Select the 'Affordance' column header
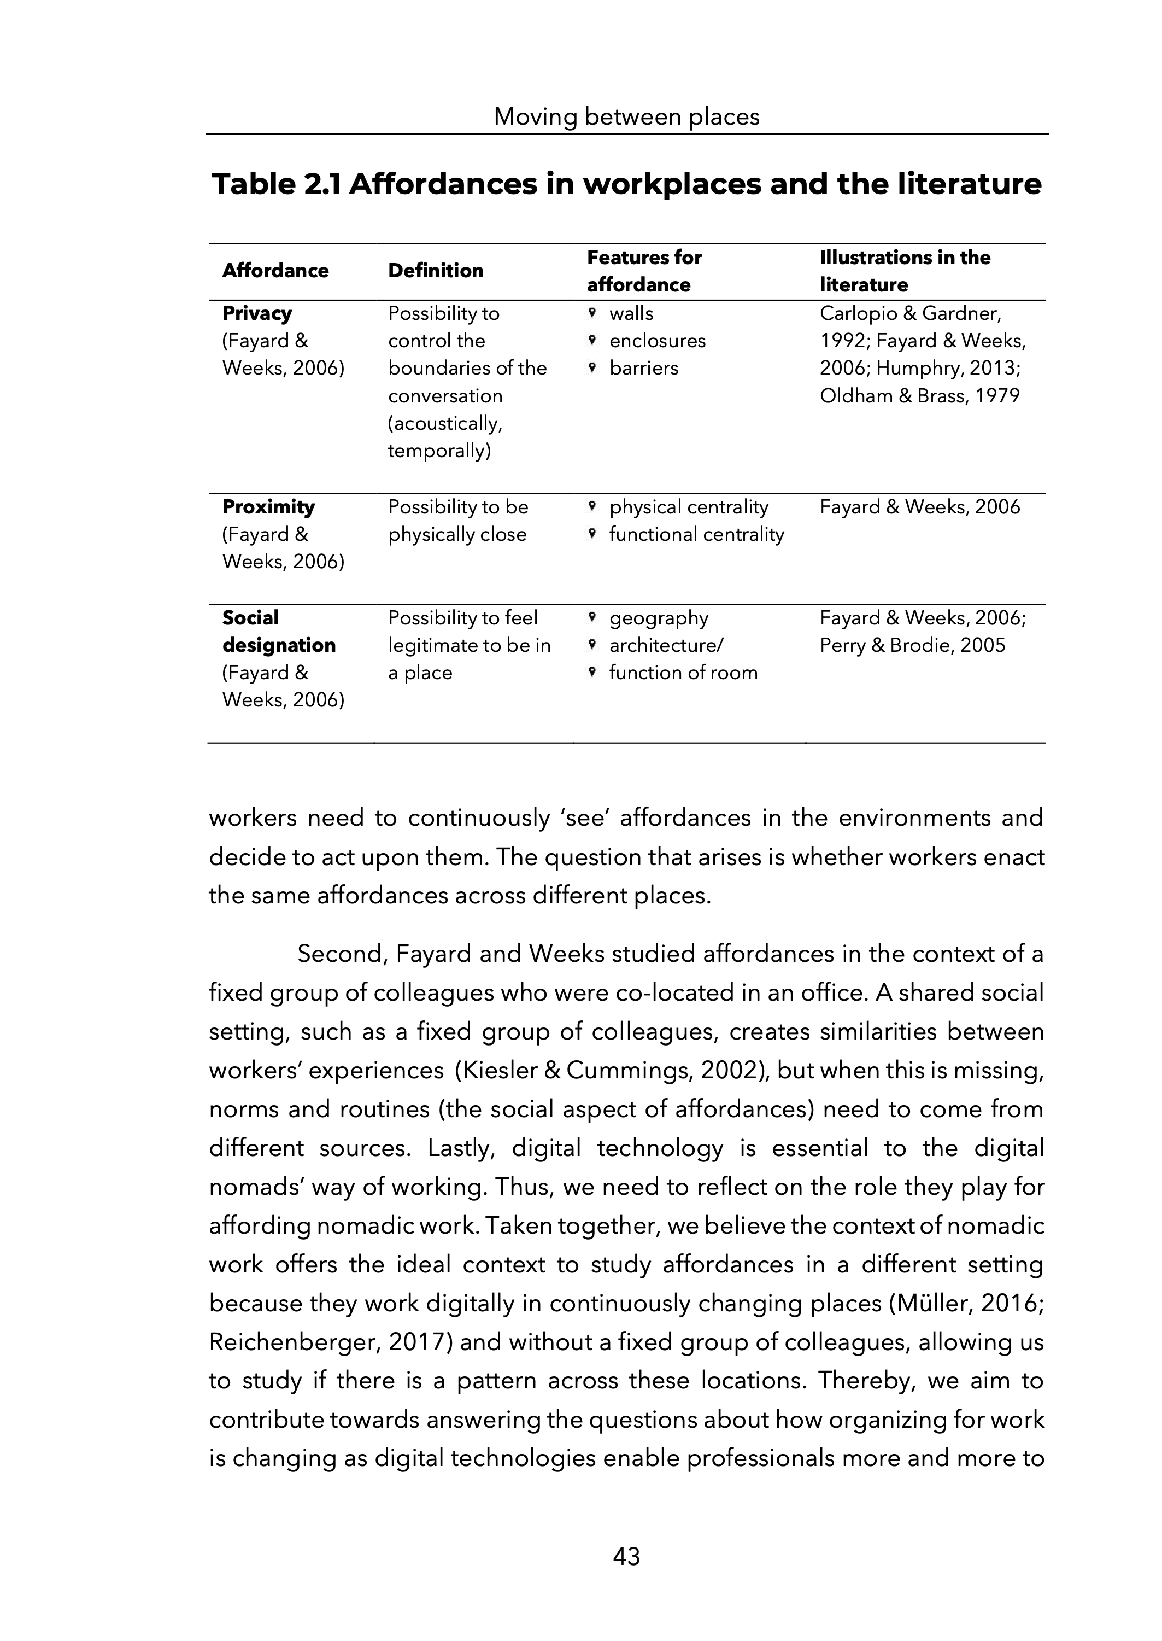tap(275, 271)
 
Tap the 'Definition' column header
tap(435, 271)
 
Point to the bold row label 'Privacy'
tap(257, 313)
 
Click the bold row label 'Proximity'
tap(268, 507)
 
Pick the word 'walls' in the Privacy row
tap(631, 313)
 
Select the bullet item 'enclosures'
tap(657, 341)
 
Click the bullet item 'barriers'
tap(643, 368)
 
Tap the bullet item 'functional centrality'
tap(696, 535)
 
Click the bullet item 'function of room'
tap(683, 673)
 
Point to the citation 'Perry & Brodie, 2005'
tap(912, 646)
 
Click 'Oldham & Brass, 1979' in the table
tap(919, 396)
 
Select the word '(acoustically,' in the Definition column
tap(445, 424)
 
